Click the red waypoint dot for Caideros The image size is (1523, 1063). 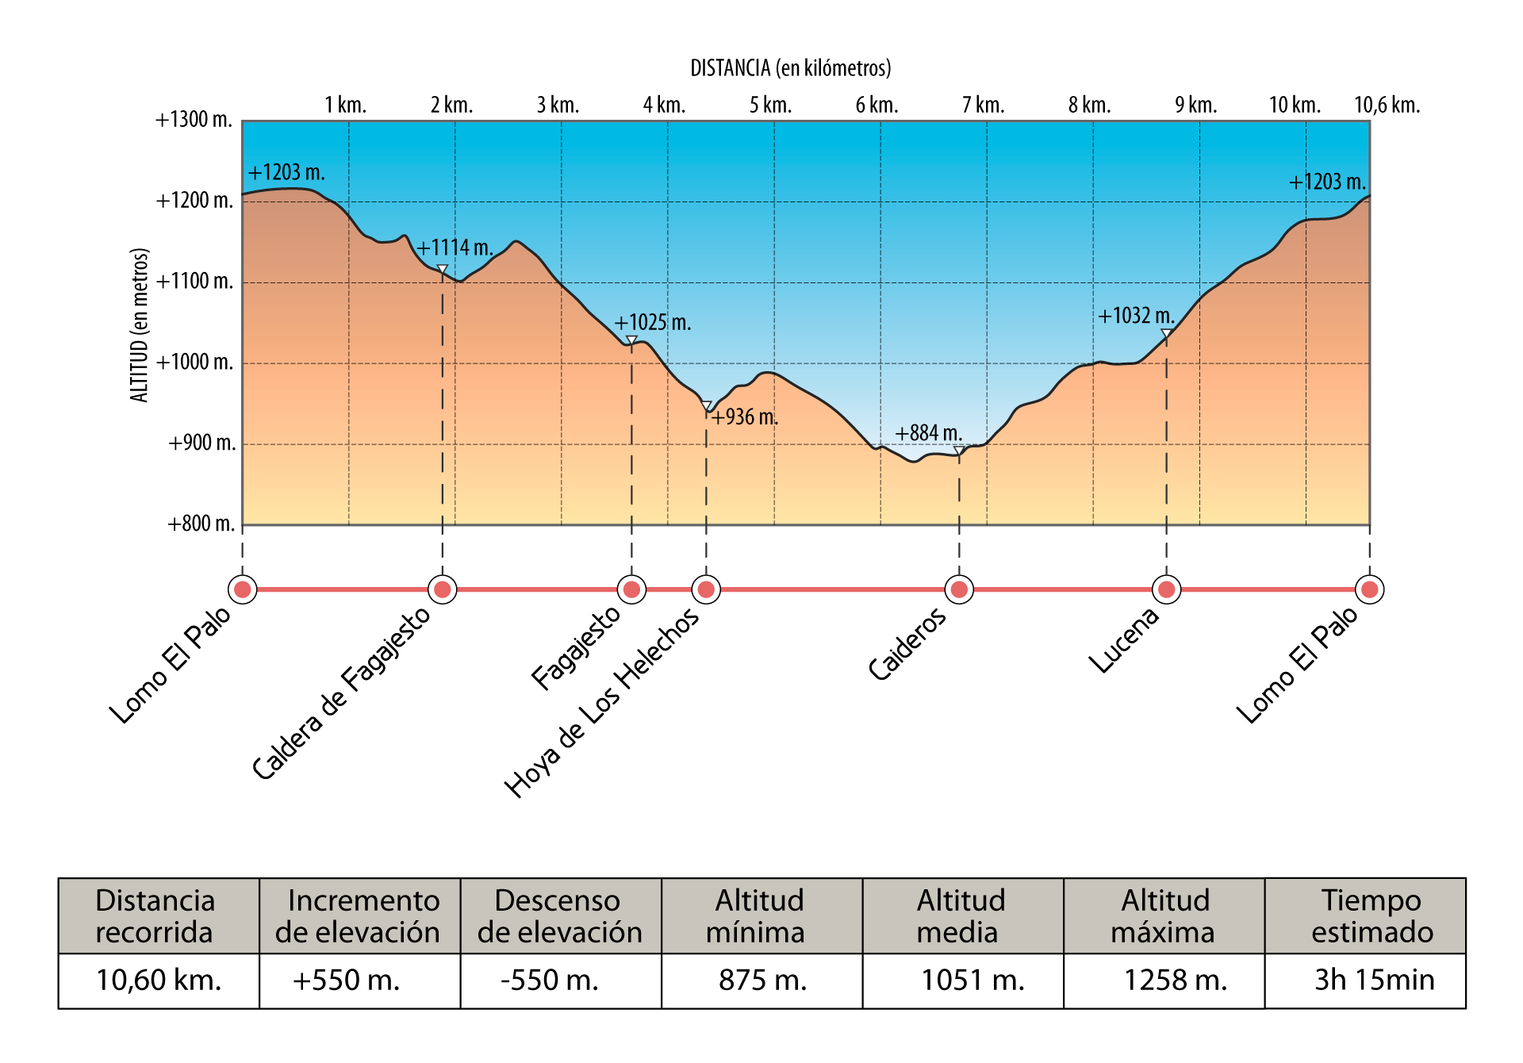tap(959, 589)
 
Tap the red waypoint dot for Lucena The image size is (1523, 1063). tap(1166, 589)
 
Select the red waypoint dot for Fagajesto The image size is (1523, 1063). tap(631, 589)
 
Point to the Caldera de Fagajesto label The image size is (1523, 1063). tap(341, 693)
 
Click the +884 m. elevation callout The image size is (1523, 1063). tap(928, 433)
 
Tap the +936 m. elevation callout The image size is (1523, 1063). tap(744, 417)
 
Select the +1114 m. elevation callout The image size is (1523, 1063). tap(455, 248)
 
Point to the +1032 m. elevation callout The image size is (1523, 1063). tap(1136, 317)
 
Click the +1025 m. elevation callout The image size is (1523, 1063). tap(652, 323)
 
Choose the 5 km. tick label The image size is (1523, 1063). tap(770, 106)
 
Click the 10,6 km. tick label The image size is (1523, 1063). tap(1387, 106)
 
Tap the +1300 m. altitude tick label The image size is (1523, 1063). tap(194, 120)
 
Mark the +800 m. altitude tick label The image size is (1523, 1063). tap(201, 524)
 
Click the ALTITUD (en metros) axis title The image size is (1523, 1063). tap(140, 325)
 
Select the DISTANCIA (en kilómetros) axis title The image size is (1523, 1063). tap(790, 68)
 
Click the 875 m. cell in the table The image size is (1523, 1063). tap(762, 980)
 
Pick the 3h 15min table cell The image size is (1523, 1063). tap(1374, 980)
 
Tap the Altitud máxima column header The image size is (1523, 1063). tap(1164, 916)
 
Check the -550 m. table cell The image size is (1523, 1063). tap(550, 980)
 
